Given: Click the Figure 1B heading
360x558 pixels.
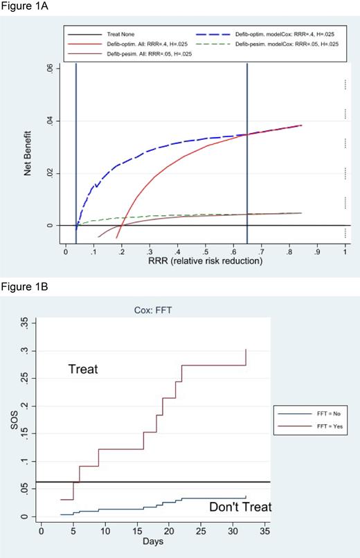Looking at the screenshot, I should coord(22,286).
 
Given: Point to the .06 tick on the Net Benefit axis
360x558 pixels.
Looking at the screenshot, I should coord(48,69).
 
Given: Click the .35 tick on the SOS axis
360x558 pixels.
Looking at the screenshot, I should coord(25,323).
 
